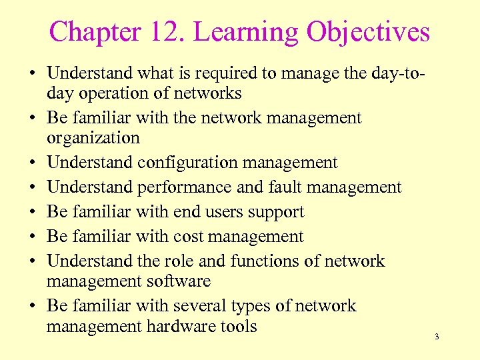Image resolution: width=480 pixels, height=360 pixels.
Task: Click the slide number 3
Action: [437, 337]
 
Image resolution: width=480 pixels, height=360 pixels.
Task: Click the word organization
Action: [93, 139]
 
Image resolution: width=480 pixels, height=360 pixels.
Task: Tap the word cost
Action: [189, 237]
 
